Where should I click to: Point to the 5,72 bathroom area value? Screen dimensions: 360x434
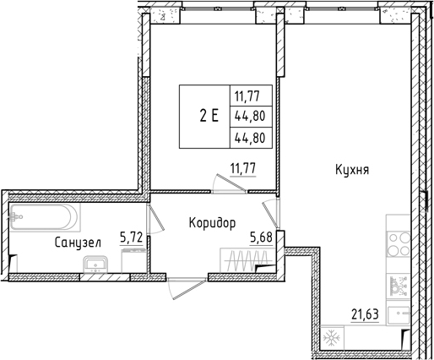(131, 238)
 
